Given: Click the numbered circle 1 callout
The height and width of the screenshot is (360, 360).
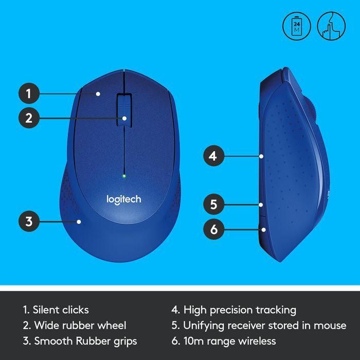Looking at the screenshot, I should (29, 94).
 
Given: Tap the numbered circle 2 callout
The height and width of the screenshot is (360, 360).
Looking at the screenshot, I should (29, 118).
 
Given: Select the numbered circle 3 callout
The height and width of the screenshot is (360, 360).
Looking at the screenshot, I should (29, 222).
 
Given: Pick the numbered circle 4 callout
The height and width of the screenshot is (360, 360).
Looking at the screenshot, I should (213, 155).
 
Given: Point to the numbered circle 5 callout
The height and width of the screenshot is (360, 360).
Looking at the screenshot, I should (213, 204).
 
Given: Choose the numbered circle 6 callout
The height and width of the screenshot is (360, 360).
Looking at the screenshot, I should (213, 229).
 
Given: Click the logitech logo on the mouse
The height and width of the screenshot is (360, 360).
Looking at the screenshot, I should (123, 199).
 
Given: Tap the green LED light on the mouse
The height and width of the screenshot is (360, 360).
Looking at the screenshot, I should (123, 176).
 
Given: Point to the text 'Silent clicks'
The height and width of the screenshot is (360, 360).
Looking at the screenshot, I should (61, 310).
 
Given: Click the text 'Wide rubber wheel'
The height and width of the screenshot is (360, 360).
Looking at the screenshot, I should (80, 325).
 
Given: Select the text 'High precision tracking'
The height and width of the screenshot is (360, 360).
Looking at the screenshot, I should (240, 310).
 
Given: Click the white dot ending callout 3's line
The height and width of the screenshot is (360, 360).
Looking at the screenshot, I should (79, 222).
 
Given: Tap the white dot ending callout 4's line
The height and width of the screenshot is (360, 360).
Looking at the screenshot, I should (261, 155).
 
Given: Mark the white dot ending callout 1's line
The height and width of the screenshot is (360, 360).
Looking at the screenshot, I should (98, 94).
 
